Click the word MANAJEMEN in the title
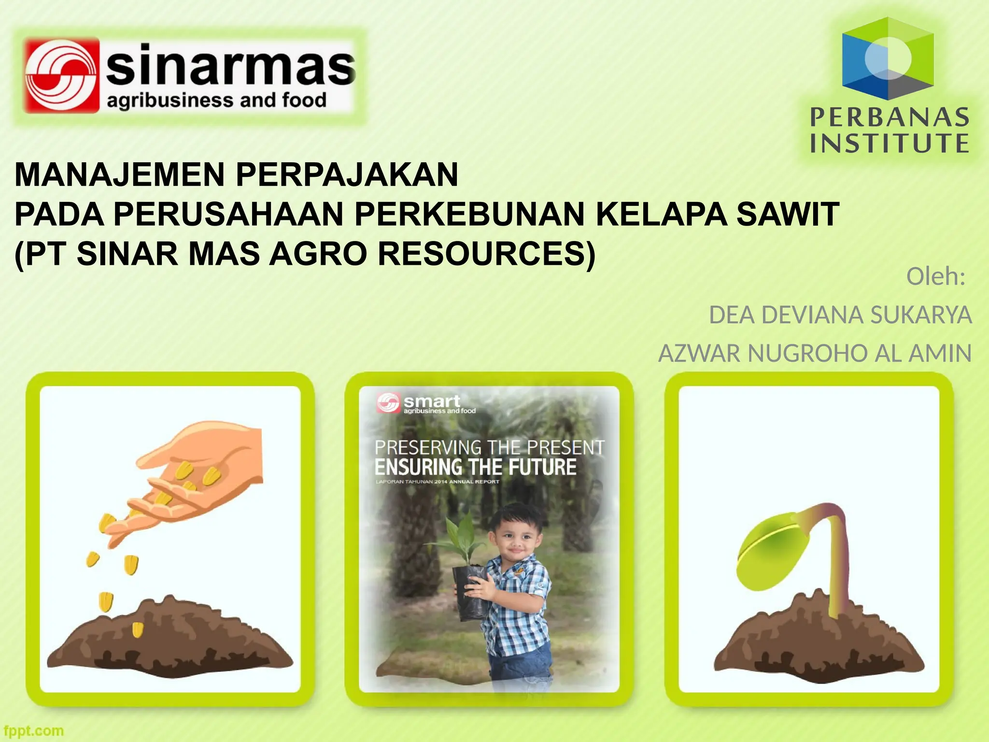pyautogui.click(x=120, y=175)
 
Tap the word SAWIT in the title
pyautogui.click(x=788, y=214)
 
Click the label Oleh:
pyautogui.click(x=935, y=277)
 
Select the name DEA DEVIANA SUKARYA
pyautogui.click(x=840, y=315)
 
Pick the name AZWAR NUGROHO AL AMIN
pyautogui.click(x=815, y=354)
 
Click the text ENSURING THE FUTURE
pyautogui.click(x=475, y=467)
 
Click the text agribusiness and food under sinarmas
pyautogui.click(x=216, y=101)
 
